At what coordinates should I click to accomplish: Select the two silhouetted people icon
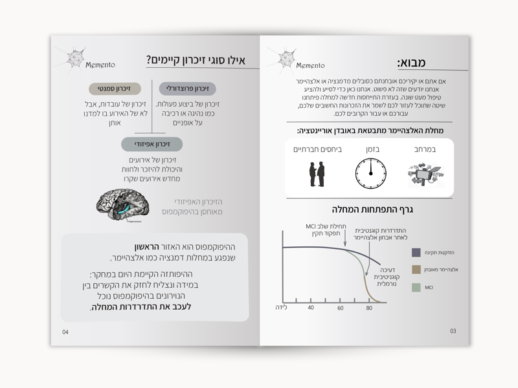[x=317, y=173]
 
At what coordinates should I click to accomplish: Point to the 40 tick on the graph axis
[x=311, y=307]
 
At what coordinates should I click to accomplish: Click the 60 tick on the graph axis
[x=341, y=307]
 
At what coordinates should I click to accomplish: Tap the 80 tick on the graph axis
[x=369, y=307]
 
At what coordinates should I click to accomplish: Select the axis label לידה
[x=280, y=307]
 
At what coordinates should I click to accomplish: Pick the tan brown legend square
[x=416, y=269]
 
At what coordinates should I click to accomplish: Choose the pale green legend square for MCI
[x=416, y=286]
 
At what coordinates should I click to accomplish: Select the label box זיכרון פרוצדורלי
[x=187, y=89]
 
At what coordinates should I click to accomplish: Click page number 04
[x=65, y=332]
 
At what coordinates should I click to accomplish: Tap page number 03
[x=453, y=331]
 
